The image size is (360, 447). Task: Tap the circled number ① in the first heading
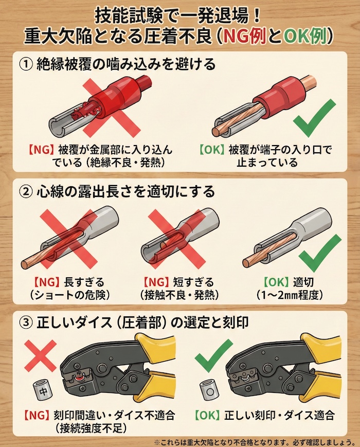[24, 65]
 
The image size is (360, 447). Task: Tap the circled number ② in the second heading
[24, 191]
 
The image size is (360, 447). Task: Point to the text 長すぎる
[83, 282]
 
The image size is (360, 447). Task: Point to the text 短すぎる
[194, 282]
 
